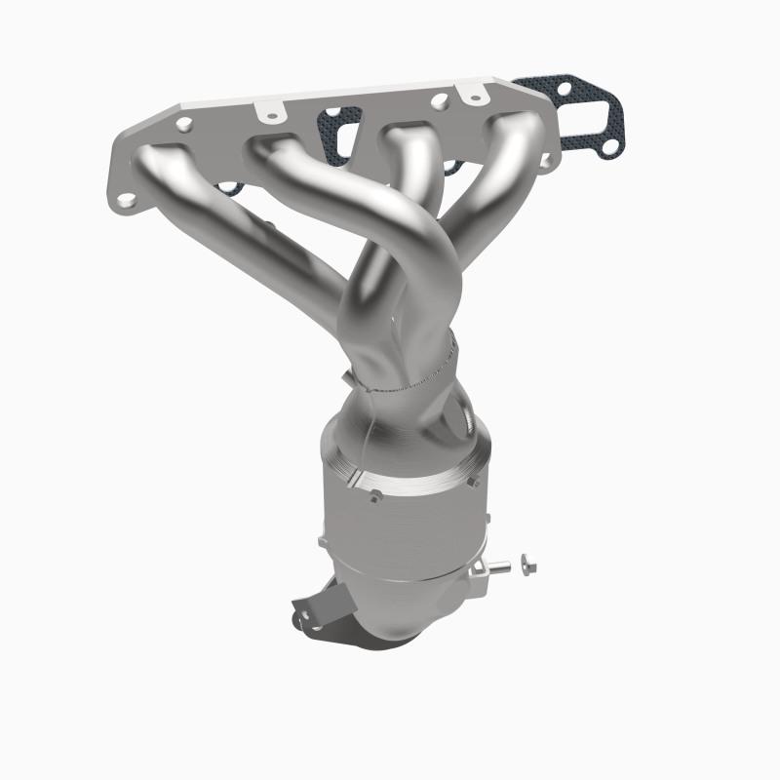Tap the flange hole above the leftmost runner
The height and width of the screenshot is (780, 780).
coord(183,124)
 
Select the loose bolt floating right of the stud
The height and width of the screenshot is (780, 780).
coord(528,562)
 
